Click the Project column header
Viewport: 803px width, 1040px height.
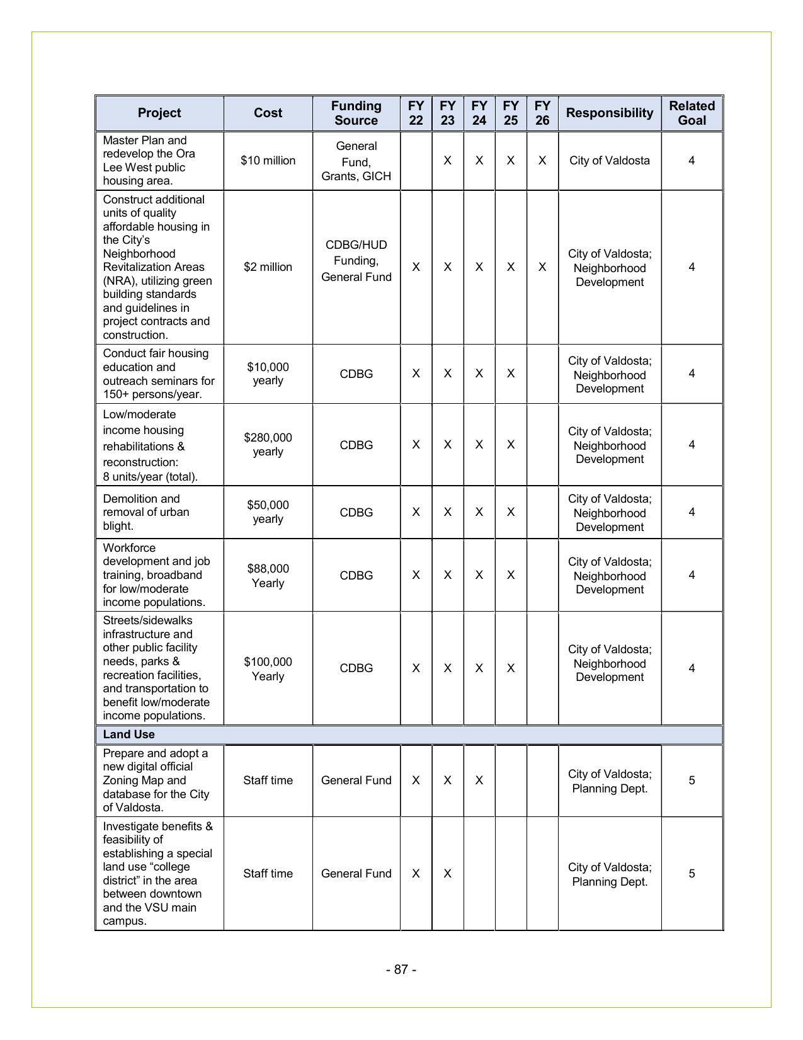click(159, 113)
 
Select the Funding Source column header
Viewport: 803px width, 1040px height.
click(356, 113)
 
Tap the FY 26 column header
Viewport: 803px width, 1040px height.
click(542, 113)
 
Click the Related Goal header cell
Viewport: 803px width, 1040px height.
click(692, 113)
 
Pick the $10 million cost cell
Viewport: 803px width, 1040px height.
click(268, 161)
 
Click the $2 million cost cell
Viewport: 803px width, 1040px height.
click(268, 267)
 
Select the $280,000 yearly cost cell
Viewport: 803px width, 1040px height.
click(268, 444)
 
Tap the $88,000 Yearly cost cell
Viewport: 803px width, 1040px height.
click(268, 575)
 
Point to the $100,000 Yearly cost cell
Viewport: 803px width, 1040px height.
click(268, 668)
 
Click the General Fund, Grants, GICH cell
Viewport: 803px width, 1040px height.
click(356, 161)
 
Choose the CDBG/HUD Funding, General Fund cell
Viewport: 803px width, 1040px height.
click(356, 261)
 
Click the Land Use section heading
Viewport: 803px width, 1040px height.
click(128, 734)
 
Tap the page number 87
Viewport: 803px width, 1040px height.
click(401, 969)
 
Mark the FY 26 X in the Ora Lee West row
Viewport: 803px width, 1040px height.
click(542, 161)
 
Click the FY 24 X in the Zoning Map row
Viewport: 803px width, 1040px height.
click(479, 780)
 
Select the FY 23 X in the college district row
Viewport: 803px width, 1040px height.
click(447, 874)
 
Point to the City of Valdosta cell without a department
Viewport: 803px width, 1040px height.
click(609, 161)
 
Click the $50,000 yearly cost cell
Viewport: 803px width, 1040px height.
click(268, 511)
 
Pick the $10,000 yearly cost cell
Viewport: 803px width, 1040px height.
click(268, 374)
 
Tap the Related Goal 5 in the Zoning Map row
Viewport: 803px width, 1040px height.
click(692, 780)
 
